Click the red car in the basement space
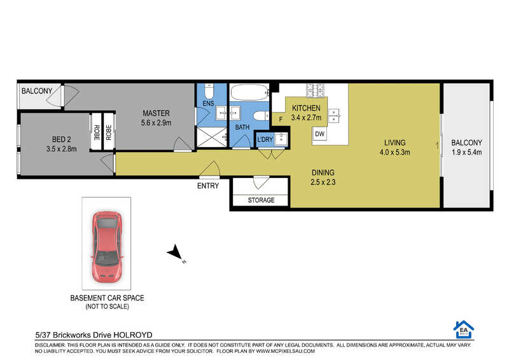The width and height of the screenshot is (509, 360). click(106, 247)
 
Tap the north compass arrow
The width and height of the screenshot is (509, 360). click(176, 253)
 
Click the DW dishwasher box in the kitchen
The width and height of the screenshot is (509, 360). click(320, 134)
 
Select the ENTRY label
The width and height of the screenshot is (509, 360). click(208, 186)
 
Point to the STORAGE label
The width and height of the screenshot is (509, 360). click(261, 200)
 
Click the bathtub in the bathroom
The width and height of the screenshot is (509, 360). click(249, 92)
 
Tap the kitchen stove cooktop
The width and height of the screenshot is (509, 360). click(315, 90)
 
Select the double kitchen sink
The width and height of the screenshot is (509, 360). click(334, 116)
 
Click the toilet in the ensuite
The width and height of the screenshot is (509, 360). click(209, 91)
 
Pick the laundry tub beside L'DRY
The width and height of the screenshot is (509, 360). click(281, 139)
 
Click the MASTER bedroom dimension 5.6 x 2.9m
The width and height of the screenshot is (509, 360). click(156, 123)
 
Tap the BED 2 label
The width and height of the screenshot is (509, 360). click(61, 139)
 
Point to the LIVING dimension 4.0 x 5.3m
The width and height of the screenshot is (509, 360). click(394, 152)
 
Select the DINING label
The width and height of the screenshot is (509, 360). click(323, 172)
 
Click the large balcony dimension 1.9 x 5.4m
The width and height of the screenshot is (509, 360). click(466, 152)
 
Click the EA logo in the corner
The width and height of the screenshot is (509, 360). click(464, 329)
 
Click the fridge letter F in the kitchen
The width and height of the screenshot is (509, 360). click(281, 120)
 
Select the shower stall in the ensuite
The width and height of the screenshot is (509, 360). click(212, 137)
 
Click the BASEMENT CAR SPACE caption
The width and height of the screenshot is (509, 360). click(107, 298)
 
